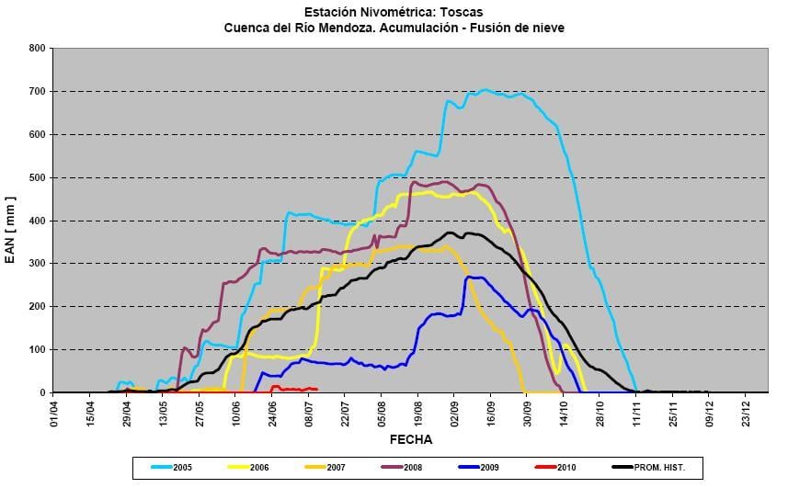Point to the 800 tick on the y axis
tap(37, 48)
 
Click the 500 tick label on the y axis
tap(37, 177)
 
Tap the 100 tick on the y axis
tap(37, 350)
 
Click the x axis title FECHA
tap(410, 439)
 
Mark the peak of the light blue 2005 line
tap(485, 90)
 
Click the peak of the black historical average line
tap(451, 233)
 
